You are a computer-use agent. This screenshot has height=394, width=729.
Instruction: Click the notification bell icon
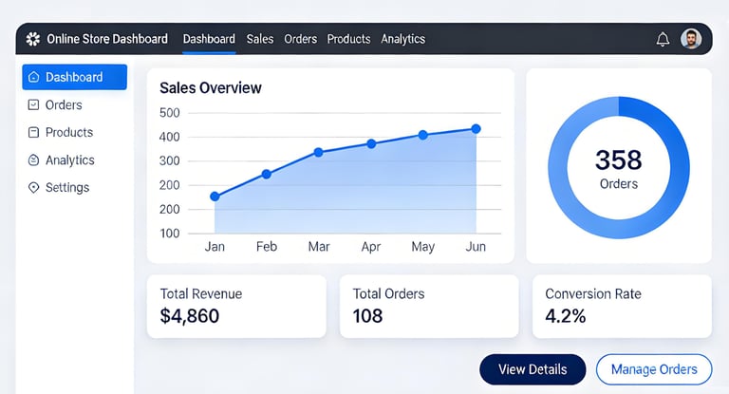tap(663, 39)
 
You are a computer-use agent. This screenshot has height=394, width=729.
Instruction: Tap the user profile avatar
tap(691, 39)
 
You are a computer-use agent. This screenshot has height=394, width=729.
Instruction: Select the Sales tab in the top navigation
tap(260, 39)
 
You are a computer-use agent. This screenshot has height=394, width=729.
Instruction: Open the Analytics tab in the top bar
tap(403, 39)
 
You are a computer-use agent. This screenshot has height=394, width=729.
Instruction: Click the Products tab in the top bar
tap(348, 39)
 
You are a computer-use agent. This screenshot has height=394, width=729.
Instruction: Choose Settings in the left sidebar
tap(66, 187)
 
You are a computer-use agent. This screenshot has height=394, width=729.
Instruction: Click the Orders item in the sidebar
tap(64, 104)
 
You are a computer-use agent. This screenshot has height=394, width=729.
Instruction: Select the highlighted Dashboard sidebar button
tap(74, 77)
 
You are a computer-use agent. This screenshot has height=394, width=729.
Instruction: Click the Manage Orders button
tap(654, 369)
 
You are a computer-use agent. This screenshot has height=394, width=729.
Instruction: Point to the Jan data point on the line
tap(215, 197)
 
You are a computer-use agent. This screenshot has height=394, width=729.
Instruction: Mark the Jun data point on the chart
tap(476, 129)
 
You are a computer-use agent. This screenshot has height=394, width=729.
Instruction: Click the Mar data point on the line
tap(319, 152)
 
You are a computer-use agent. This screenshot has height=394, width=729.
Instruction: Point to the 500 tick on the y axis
tap(170, 113)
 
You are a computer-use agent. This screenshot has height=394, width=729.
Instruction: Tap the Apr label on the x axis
tap(371, 247)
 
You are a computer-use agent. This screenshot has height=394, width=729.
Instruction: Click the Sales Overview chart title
tap(211, 88)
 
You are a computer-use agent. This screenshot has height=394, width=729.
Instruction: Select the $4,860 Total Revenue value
tap(190, 316)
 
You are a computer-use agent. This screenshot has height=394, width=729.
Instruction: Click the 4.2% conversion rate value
tap(565, 316)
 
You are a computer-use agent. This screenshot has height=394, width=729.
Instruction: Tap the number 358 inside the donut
tap(619, 159)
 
